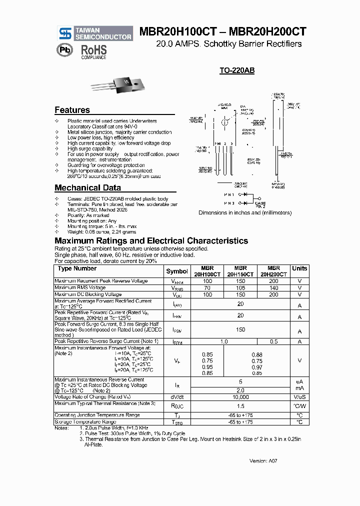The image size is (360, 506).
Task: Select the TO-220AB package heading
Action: (x=237, y=71)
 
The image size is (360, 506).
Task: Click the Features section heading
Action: (x=72, y=110)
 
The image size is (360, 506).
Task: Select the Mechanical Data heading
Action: (x=87, y=188)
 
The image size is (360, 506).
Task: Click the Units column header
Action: (x=299, y=268)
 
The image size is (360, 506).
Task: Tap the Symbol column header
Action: (x=177, y=271)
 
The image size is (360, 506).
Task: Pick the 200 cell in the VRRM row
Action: (x=273, y=281)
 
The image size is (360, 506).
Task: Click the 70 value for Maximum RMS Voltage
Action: (x=207, y=288)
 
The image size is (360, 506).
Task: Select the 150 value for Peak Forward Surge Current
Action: (x=240, y=329)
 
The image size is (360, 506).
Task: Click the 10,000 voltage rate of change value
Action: (x=240, y=397)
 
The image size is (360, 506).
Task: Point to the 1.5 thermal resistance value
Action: (x=240, y=406)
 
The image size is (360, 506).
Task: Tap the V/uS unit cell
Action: (x=299, y=397)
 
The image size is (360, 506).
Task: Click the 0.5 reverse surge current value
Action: (x=273, y=341)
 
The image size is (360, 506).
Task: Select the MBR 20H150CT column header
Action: (x=240, y=271)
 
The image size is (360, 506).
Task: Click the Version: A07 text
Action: (x=263, y=460)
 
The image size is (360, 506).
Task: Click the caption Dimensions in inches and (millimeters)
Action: (x=245, y=212)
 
